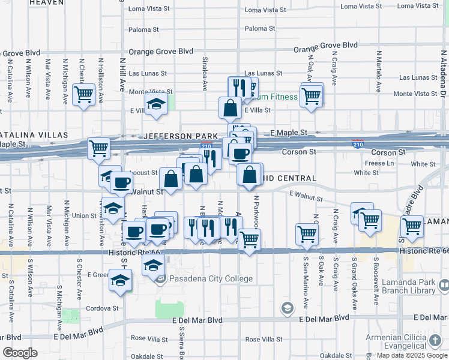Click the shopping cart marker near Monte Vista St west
click(83, 94)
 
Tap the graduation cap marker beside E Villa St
click(155, 105)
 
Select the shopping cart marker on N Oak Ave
click(311, 95)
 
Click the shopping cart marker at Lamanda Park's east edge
click(412, 226)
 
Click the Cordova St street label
click(101, 308)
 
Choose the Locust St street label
click(145, 172)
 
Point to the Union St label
click(84, 215)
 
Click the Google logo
click(20, 353)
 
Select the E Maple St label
click(289, 132)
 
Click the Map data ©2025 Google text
click(412, 355)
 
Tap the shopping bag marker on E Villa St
click(231, 108)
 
